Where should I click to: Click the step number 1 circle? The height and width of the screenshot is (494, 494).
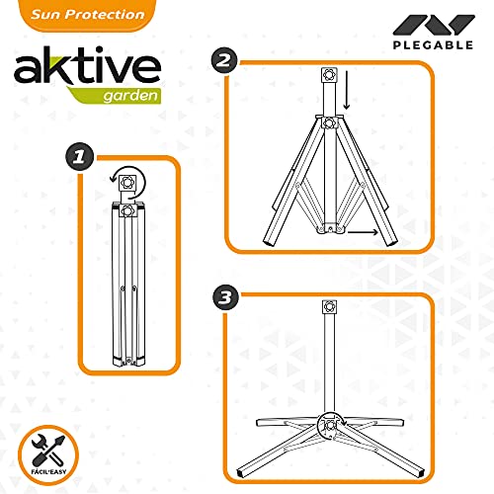79,156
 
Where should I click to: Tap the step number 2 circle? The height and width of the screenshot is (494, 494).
224,60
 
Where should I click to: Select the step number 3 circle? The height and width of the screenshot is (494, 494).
225,297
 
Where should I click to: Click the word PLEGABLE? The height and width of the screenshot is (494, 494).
433,44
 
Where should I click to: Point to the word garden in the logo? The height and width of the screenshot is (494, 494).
130,96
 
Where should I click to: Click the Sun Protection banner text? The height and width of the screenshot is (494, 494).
88,15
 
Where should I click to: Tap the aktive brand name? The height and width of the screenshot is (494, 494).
87,66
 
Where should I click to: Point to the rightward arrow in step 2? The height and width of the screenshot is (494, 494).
363,232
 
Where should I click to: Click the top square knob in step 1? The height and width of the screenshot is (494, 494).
127,182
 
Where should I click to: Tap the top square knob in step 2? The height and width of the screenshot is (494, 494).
329,75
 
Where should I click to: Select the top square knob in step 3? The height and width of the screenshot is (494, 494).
330,307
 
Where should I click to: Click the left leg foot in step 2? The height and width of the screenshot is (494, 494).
270,242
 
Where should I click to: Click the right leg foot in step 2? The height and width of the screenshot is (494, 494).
391,242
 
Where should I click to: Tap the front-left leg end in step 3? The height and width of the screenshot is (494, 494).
242,474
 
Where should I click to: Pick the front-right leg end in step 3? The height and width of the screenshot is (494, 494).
418,473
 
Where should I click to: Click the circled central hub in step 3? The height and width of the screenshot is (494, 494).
330,425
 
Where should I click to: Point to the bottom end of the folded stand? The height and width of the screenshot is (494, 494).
128,362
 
